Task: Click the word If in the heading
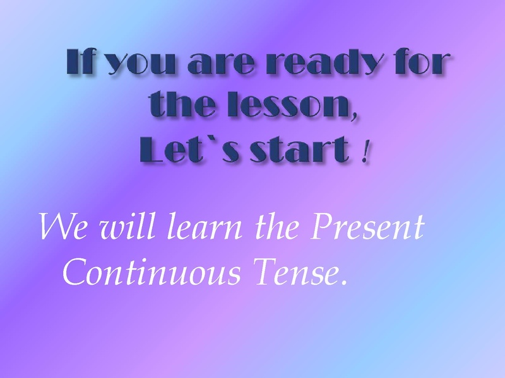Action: pyautogui.click(x=80, y=63)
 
